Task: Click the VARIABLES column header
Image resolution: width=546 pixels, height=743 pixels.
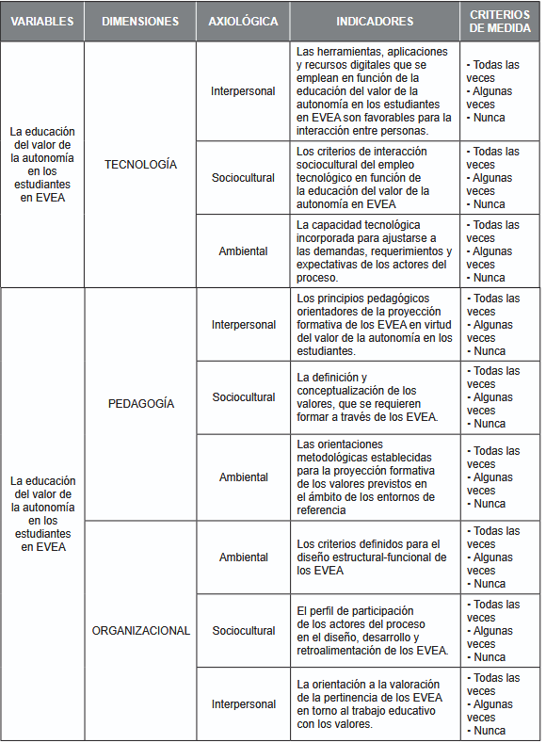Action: coord(41,21)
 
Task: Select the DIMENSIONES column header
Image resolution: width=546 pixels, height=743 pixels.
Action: coord(140,21)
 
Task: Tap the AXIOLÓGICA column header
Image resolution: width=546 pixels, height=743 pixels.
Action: coord(243,21)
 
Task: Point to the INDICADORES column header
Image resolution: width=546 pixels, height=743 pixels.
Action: coord(374,21)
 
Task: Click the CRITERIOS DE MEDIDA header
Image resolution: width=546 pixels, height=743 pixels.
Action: coord(500,21)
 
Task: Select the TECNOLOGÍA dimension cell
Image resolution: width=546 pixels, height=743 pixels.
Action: coord(140,165)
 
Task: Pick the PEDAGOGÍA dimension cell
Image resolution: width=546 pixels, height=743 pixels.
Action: coord(140,403)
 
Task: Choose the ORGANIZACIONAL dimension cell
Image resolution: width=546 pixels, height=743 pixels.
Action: coord(140,631)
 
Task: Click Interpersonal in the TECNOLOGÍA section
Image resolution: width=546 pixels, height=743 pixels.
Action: coord(243,91)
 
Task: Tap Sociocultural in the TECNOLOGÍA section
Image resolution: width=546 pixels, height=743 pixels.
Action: coord(243,177)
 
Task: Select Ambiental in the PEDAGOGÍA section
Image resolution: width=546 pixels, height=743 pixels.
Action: coord(243,476)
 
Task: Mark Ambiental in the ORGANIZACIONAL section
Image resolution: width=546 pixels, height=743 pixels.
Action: coord(243,557)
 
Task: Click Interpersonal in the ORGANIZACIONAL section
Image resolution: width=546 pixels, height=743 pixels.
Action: coord(243,703)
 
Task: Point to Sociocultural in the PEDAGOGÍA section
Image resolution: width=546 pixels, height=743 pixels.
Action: coord(243,397)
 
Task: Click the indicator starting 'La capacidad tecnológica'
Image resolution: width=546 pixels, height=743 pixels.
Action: coord(374,251)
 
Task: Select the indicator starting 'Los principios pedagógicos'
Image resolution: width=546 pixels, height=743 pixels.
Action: coord(374,324)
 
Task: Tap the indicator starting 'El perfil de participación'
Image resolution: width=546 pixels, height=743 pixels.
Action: coord(374,630)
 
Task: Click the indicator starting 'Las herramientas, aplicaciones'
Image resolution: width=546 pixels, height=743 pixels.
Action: coord(374,91)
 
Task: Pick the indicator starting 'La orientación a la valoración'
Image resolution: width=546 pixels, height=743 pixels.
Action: coord(374,703)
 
